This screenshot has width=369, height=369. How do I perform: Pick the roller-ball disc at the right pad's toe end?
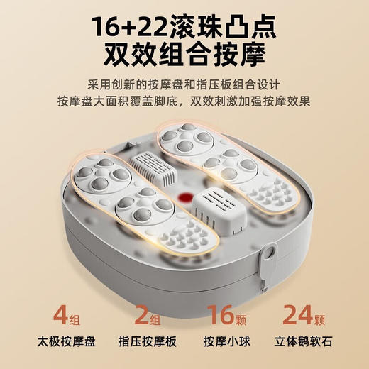pos(184,140)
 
